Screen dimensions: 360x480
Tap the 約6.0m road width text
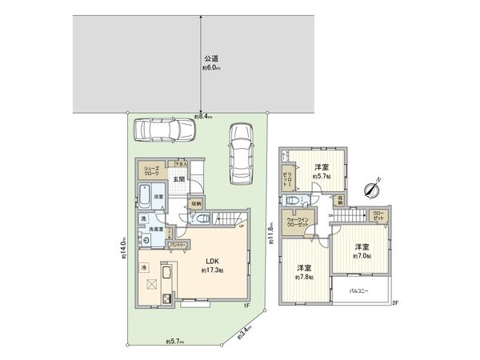click(x=211, y=69)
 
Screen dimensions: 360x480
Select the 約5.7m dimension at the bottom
click(x=175, y=342)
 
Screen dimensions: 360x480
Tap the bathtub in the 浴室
click(x=147, y=195)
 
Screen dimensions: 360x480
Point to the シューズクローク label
click(x=152, y=170)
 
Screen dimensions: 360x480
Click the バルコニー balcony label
click(x=358, y=290)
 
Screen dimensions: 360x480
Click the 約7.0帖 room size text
click(x=362, y=258)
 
